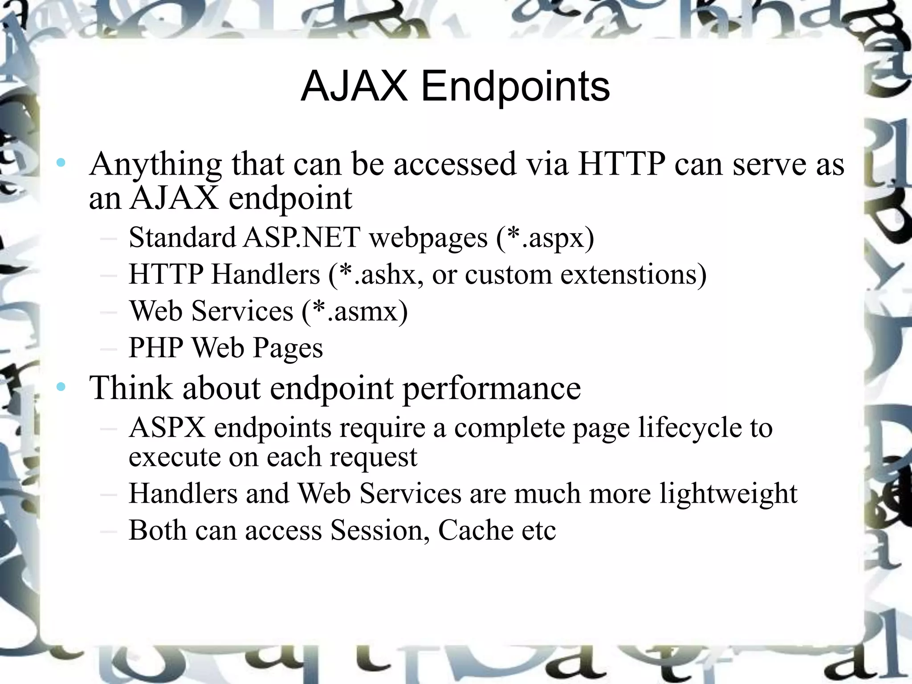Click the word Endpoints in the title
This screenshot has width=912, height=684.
(x=515, y=87)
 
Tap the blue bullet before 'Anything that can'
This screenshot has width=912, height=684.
(x=61, y=163)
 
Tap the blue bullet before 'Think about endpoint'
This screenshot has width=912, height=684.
(x=61, y=387)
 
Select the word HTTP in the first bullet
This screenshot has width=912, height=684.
(x=622, y=164)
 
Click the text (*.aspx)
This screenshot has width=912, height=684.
(x=545, y=237)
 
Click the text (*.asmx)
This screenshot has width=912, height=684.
(x=354, y=311)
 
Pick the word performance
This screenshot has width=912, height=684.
(x=492, y=388)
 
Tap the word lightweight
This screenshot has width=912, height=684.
(x=728, y=494)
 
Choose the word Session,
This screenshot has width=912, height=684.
(x=380, y=530)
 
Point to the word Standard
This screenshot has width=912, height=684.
(x=182, y=237)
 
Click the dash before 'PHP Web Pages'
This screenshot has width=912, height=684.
(x=109, y=348)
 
